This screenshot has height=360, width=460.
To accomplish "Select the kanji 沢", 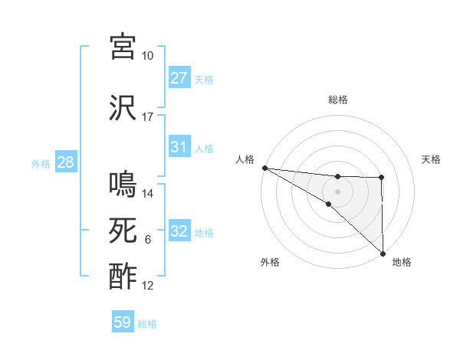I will click(123, 108).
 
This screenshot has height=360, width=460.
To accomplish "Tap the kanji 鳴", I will click(123, 185).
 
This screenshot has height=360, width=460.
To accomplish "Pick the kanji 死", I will click(123, 231).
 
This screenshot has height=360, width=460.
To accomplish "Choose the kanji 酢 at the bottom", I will click(123, 277).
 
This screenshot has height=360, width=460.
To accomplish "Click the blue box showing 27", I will click(179, 78).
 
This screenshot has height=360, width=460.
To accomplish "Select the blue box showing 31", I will click(179, 147).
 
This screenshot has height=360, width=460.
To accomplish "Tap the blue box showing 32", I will click(179, 231).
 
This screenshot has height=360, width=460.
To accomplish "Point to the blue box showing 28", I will click(65, 163).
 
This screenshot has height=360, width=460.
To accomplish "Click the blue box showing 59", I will click(123, 322).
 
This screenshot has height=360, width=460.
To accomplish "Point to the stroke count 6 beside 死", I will click(147, 240).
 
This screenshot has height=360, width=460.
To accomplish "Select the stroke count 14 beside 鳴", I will click(148, 194).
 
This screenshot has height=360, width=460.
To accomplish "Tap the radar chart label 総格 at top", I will click(338, 100).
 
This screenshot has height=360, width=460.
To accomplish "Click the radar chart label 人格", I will click(245, 159).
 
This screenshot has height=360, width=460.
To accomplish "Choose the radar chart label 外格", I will click(270, 262).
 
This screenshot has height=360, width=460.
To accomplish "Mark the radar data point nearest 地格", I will click(382, 252).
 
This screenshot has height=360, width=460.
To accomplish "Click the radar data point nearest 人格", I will click(264, 168).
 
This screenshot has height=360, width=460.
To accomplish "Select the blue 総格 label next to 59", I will click(148, 324).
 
